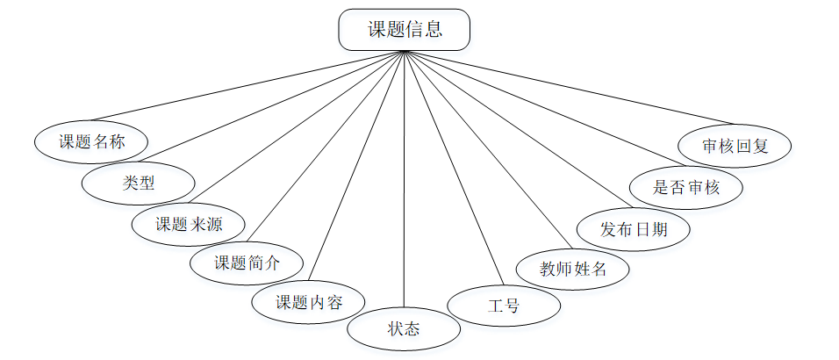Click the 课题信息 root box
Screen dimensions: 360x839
point(404,30)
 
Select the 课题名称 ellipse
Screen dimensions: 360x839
point(91,141)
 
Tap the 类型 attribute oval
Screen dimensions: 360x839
point(138,183)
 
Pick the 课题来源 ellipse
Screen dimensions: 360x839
point(188,224)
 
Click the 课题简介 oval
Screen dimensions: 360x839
point(247,263)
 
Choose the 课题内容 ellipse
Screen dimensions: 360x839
point(308,303)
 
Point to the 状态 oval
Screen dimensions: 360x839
point(404,330)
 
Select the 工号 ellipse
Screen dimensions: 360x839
point(504,306)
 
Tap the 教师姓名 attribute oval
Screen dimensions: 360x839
point(573,269)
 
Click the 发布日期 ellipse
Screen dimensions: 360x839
point(634,229)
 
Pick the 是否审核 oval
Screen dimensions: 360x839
point(687,187)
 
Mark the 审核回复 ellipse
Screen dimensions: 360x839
point(735,146)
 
